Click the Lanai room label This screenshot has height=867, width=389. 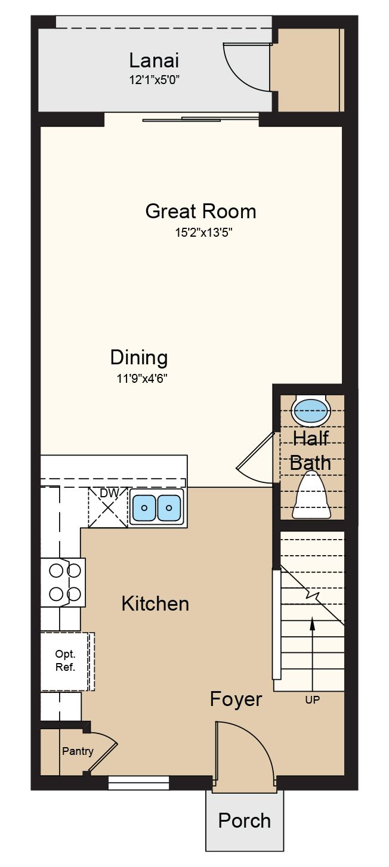[154, 61]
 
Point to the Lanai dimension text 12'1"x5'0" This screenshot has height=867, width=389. [154, 80]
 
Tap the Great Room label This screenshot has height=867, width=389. [200, 211]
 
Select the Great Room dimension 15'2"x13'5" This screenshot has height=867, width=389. [204, 233]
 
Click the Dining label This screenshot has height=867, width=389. [138, 358]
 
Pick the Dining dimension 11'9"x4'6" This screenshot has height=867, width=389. [142, 378]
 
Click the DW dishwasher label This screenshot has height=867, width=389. [109, 493]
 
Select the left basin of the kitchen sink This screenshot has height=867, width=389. [144, 507]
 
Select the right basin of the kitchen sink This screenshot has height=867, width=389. [168, 507]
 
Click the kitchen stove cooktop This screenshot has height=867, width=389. [64, 582]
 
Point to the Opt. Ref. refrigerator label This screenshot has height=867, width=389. [65, 660]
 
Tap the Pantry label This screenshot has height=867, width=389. [78, 751]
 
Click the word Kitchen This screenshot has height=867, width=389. [155, 604]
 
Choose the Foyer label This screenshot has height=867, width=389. [236, 699]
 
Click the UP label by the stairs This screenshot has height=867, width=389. [312, 700]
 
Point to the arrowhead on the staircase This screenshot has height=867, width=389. [312, 624]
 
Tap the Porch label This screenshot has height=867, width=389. [245, 821]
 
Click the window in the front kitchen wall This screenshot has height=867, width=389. [138, 782]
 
